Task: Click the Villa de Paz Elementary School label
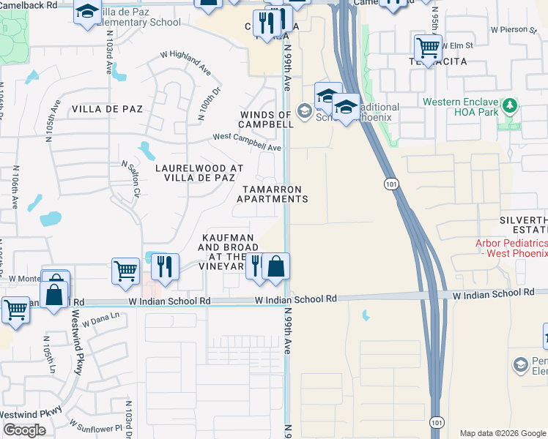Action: [139, 17]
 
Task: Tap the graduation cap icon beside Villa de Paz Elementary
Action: [87, 12]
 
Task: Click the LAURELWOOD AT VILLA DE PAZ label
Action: [195, 173]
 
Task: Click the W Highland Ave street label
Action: [186, 64]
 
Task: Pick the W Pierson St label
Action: [514, 30]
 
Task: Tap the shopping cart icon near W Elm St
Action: [427, 48]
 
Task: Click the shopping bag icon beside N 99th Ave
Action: [275, 267]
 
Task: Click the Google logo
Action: [25, 430]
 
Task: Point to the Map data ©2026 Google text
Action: [503, 433]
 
